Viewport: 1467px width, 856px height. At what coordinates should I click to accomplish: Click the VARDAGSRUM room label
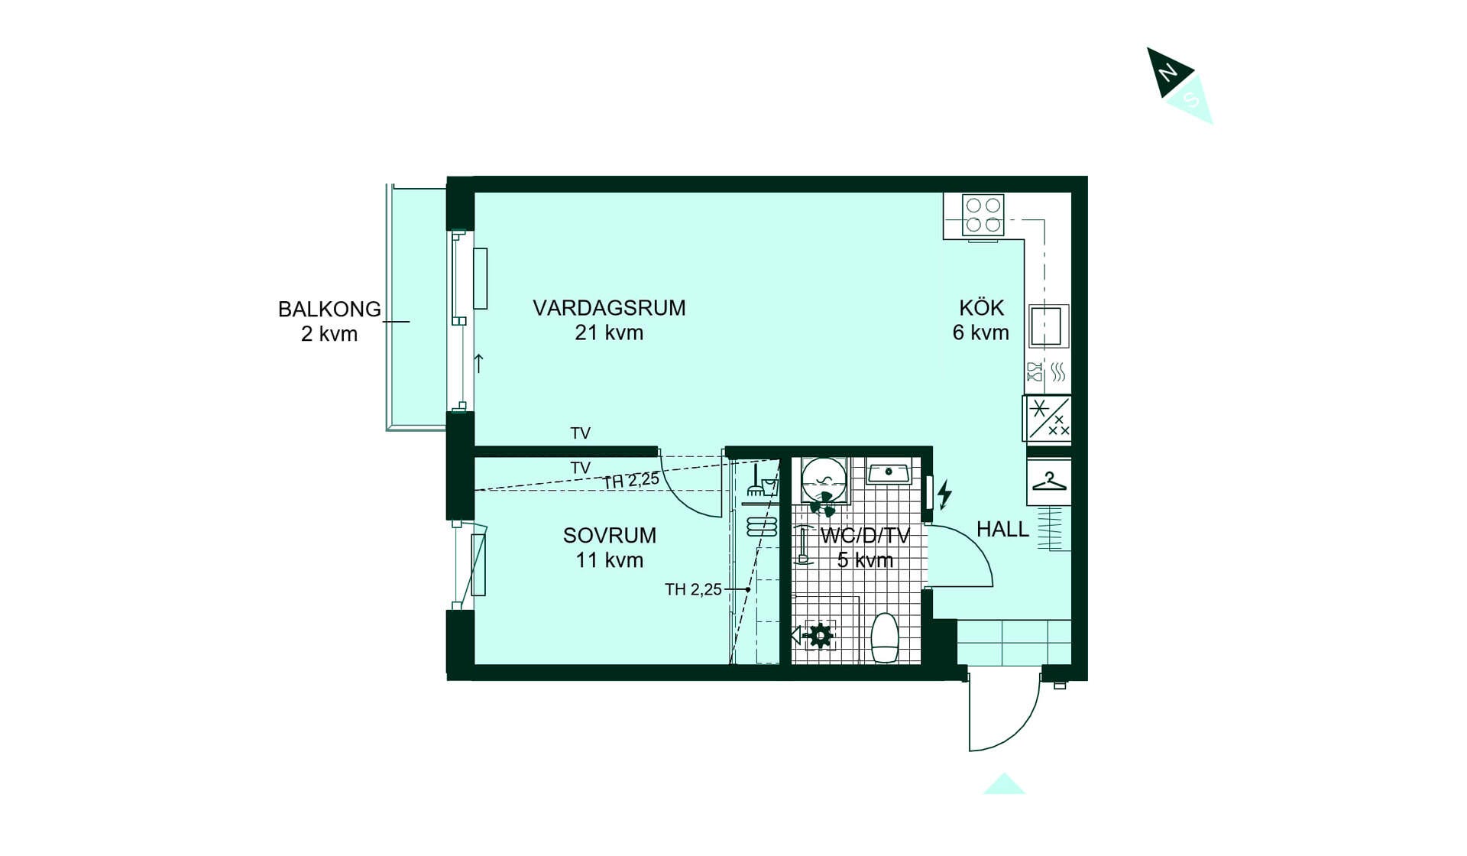(x=609, y=308)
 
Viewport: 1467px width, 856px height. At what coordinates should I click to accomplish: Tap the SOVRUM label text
(x=609, y=536)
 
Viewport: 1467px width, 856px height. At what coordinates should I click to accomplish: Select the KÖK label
(x=981, y=308)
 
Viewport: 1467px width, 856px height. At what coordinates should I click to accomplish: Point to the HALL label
(x=1002, y=529)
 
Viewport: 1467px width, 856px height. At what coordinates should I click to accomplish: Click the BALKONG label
(x=329, y=310)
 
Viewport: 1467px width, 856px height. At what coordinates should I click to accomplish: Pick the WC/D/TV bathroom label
(x=865, y=536)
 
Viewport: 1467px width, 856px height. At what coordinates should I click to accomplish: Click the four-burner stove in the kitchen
(x=983, y=215)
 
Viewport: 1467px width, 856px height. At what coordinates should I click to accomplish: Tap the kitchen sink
(x=1048, y=326)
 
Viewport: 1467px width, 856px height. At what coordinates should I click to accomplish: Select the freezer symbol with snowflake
(x=1048, y=418)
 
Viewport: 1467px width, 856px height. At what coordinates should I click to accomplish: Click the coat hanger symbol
(x=1049, y=482)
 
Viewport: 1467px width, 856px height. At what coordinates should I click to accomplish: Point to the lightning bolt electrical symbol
(x=945, y=494)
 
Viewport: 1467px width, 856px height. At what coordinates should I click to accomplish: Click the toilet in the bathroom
(x=885, y=637)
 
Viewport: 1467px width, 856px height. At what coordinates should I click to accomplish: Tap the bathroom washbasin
(x=889, y=472)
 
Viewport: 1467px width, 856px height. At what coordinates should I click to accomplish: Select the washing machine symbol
(x=824, y=481)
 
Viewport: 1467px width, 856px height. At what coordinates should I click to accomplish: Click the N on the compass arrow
(x=1167, y=73)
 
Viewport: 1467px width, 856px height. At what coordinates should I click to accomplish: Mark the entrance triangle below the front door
(x=1004, y=784)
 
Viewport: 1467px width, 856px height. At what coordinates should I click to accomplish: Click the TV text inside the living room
(x=581, y=433)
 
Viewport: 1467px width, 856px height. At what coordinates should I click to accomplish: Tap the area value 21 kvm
(x=609, y=333)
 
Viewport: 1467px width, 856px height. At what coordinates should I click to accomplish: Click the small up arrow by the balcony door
(x=479, y=363)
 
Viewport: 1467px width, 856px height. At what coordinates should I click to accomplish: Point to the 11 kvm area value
(x=609, y=560)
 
